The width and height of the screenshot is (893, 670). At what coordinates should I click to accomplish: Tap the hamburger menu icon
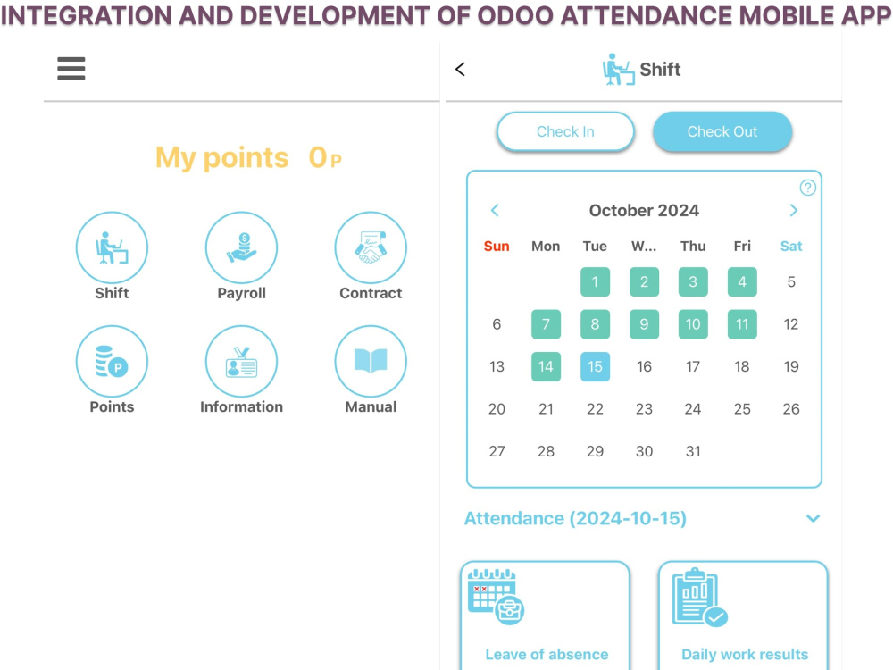coord(71,69)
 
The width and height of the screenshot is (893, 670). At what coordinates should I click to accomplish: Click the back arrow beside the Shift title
coord(460,70)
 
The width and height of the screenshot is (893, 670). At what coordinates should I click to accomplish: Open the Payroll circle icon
coord(241,247)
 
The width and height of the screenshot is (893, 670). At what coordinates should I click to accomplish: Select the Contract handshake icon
coord(371,247)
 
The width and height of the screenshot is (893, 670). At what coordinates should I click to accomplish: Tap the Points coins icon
coord(112,361)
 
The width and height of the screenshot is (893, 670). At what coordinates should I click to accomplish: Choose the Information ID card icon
coord(241,361)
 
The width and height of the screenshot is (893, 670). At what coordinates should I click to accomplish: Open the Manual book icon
coord(371,361)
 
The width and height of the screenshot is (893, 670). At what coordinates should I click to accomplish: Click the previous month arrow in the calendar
coord(495,210)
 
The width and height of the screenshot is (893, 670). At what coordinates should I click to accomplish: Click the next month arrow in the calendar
coord(794,210)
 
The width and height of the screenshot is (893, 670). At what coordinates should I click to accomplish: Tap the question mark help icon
coord(807,188)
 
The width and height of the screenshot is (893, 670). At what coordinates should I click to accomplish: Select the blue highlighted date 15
coord(595,366)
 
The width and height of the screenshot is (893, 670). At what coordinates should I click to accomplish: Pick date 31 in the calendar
coord(693,451)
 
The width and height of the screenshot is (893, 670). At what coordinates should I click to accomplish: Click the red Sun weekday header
coord(497,247)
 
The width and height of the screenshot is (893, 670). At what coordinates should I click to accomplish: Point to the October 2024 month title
coord(644,210)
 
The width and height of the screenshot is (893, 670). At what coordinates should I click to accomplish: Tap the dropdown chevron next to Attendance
coord(814,518)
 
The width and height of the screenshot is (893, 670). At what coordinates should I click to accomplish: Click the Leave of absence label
coord(547,655)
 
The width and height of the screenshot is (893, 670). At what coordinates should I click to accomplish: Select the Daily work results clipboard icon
coord(700,598)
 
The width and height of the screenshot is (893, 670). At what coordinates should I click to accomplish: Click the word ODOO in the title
coord(515,15)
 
